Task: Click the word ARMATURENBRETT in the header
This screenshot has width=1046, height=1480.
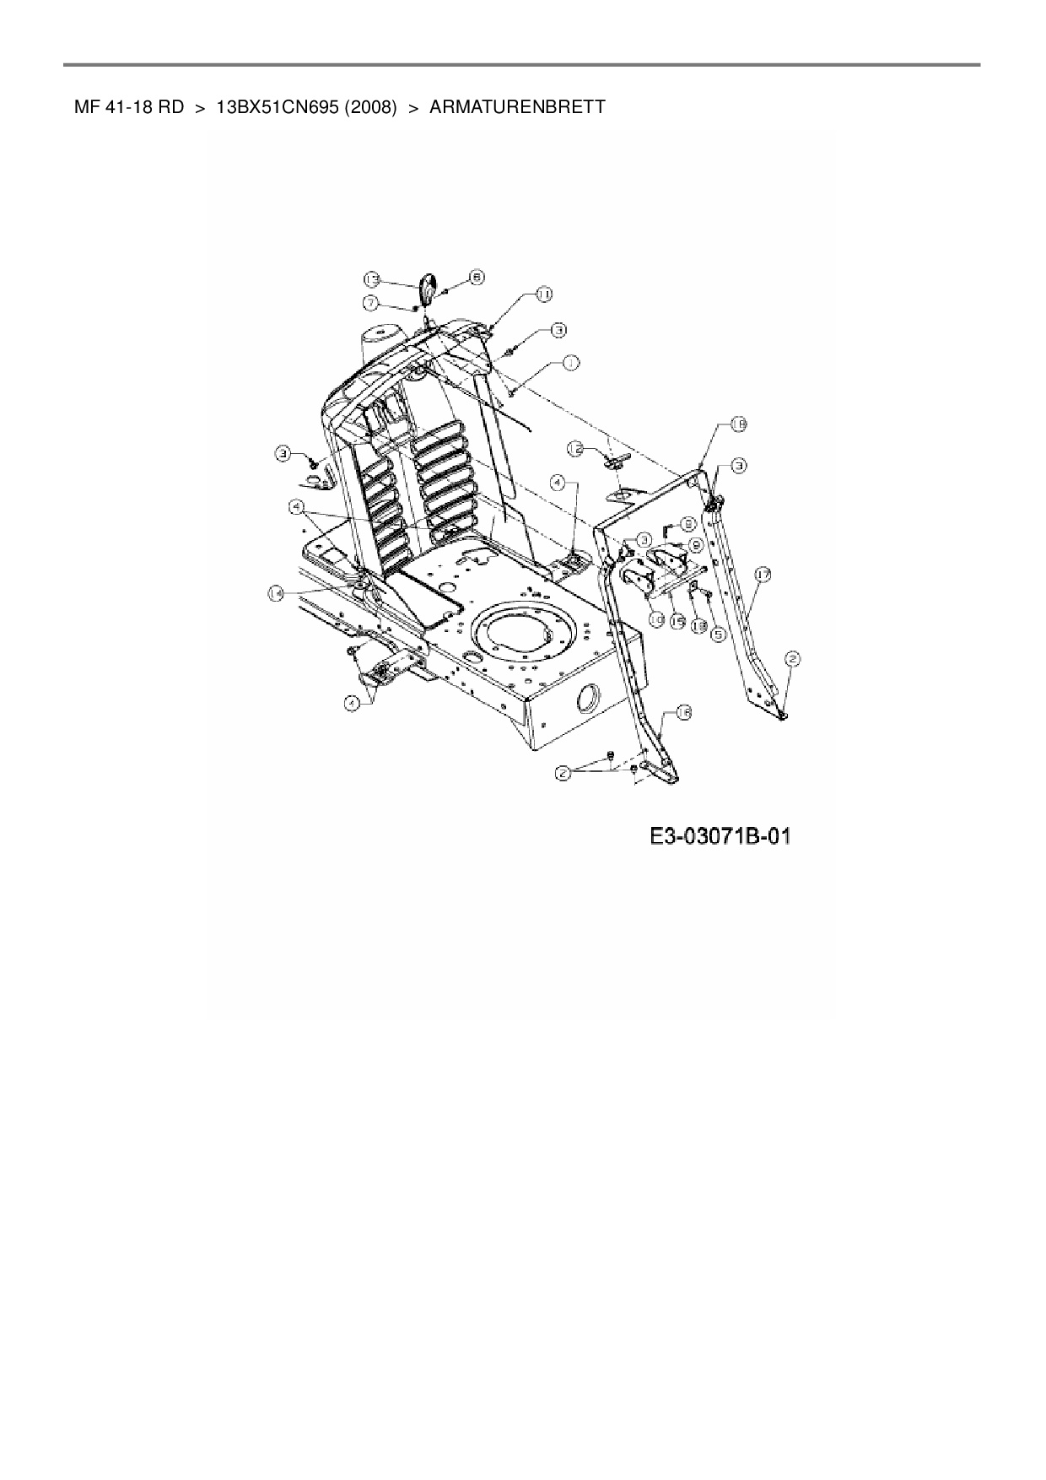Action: pyautogui.click(x=517, y=107)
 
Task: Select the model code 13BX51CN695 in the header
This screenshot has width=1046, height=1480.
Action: pyautogui.click(x=276, y=107)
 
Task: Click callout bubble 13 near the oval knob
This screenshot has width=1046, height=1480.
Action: pyautogui.click(x=373, y=278)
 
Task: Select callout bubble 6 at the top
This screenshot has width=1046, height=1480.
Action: pyautogui.click(x=477, y=276)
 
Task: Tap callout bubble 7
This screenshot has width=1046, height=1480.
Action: pyautogui.click(x=371, y=301)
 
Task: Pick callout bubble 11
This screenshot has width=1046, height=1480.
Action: pyautogui.click(x=544, y=294)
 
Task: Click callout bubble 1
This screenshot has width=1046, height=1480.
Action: pyautogui.click(x=571, y=364)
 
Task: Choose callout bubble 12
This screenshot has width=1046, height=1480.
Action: pyautogui.click(x=575, y=450)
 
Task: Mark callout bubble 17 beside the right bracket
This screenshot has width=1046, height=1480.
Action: pyautogui.click(x=762, y=575)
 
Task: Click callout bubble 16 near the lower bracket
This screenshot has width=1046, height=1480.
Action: pyautogui.click(x=682, y=714)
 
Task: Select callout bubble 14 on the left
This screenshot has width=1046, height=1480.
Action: pyautogui.click(x=275, y=594)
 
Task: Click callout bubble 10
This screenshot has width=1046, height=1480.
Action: pyautogui.click(x=655, y=618)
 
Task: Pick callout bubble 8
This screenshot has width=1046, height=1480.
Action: pyautogui.click(x=688, y=523)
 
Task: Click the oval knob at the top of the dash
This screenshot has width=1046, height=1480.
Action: pyautogui.click(x=426, y=289)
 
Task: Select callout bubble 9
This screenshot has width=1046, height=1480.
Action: pyautogui.click(x=696, y=545)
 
